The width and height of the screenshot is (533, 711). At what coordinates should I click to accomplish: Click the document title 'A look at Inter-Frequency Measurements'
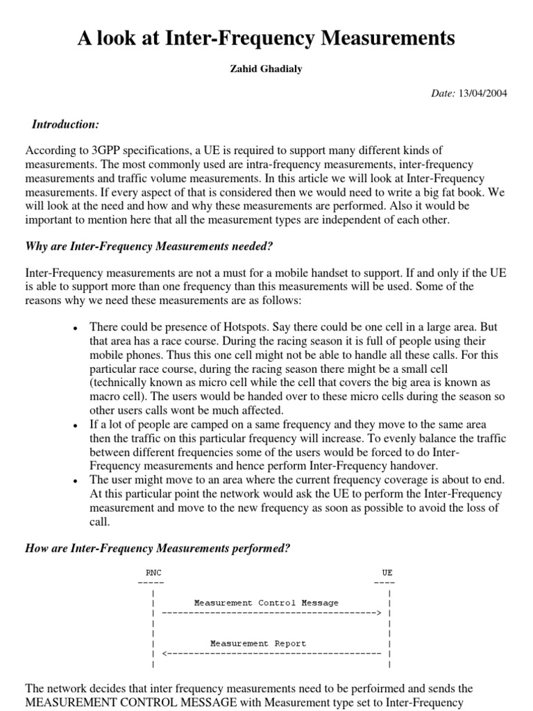[x=266, y=39]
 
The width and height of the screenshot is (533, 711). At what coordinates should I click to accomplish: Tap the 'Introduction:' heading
[x=66, y=124]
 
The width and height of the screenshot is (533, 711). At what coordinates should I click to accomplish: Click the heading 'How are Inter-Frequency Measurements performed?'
[x=158, y=549]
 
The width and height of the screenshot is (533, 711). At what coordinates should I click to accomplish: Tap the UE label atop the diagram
[x=387, y=573]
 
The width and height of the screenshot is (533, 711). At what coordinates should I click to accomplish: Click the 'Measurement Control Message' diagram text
[x=266, y=603]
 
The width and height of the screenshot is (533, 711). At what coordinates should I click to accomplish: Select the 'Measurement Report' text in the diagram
[x=258, y=644]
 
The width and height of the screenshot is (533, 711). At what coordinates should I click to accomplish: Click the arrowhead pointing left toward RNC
[x=164, y=654]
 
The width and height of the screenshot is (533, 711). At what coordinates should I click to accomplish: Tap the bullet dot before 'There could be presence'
[x=74, y=328]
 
